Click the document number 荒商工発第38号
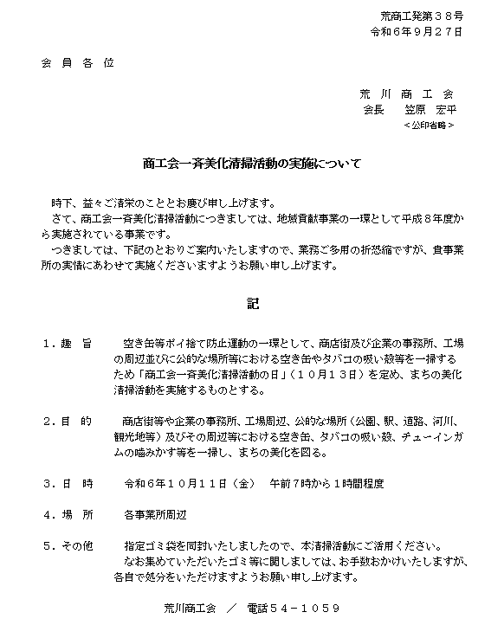tap(421, 16)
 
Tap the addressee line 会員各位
tap(76, 63)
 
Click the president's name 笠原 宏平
tap(430, 110)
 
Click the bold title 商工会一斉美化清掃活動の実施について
tap(252, 163)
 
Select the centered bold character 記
tap(252, 304)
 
